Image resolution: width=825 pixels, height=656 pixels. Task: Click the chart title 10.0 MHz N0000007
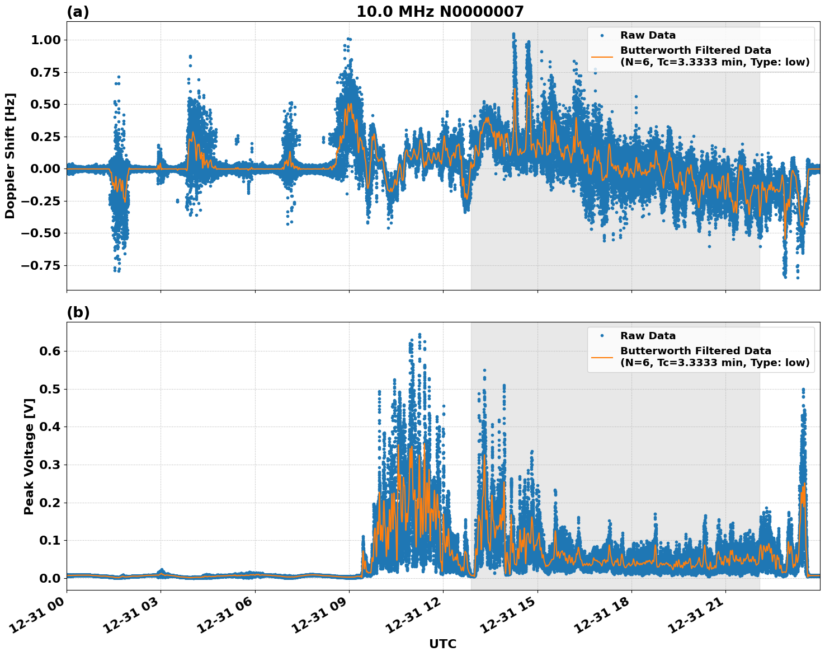440,12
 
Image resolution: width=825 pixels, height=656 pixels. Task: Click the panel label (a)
78,12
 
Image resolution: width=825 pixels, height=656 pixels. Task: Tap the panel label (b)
78,312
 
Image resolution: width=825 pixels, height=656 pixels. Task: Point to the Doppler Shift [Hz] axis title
10,156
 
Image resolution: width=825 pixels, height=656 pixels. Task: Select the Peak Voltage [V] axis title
29,456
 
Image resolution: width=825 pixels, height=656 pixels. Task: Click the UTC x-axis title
442,644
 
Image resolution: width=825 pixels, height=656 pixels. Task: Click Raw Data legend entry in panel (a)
648,35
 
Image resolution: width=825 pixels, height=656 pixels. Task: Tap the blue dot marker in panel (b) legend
602,336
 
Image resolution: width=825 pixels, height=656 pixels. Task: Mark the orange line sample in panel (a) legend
602,57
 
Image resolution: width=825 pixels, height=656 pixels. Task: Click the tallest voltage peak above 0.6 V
419,335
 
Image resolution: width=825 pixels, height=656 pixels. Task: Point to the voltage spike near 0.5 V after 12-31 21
803,390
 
